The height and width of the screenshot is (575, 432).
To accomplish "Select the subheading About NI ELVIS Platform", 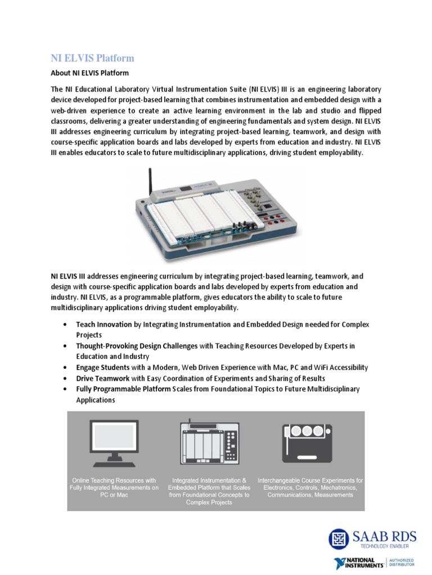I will pos(90,73).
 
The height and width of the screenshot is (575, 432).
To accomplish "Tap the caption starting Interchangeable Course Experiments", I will pos(310,487).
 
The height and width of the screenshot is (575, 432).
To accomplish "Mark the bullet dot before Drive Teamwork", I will pos(66,378).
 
